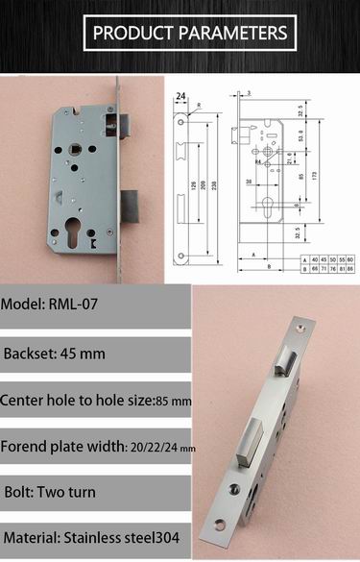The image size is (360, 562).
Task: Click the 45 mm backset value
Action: click(x=81, y=354)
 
